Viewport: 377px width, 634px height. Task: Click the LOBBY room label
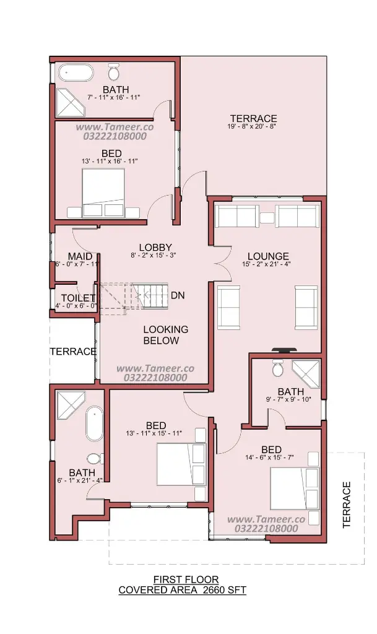(155, 248)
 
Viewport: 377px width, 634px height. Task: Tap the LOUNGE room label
(268, 256)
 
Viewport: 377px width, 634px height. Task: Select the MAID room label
(80, 256)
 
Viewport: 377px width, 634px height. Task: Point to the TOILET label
(79, 299)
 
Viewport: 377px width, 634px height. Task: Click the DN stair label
(178, 295)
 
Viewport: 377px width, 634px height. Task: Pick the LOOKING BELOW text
(166, 335)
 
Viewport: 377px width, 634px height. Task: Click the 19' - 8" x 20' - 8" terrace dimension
(254, 126)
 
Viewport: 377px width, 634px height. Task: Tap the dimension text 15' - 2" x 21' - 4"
(267, 264)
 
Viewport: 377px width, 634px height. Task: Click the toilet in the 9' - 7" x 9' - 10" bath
(277, 368)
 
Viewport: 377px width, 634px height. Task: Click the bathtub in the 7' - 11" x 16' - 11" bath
(76, 74)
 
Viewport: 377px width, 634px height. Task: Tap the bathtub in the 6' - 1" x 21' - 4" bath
(95, 423)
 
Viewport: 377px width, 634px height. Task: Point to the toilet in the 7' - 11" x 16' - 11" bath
(113, 72)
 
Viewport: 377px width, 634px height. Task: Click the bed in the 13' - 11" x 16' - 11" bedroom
(103, 193)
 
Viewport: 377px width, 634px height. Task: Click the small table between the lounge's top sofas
(267, 218)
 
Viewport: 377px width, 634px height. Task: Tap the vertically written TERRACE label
(346, 505)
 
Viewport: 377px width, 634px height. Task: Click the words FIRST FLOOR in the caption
(186, 580)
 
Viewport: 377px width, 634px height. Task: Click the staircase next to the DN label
(133, 297)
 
